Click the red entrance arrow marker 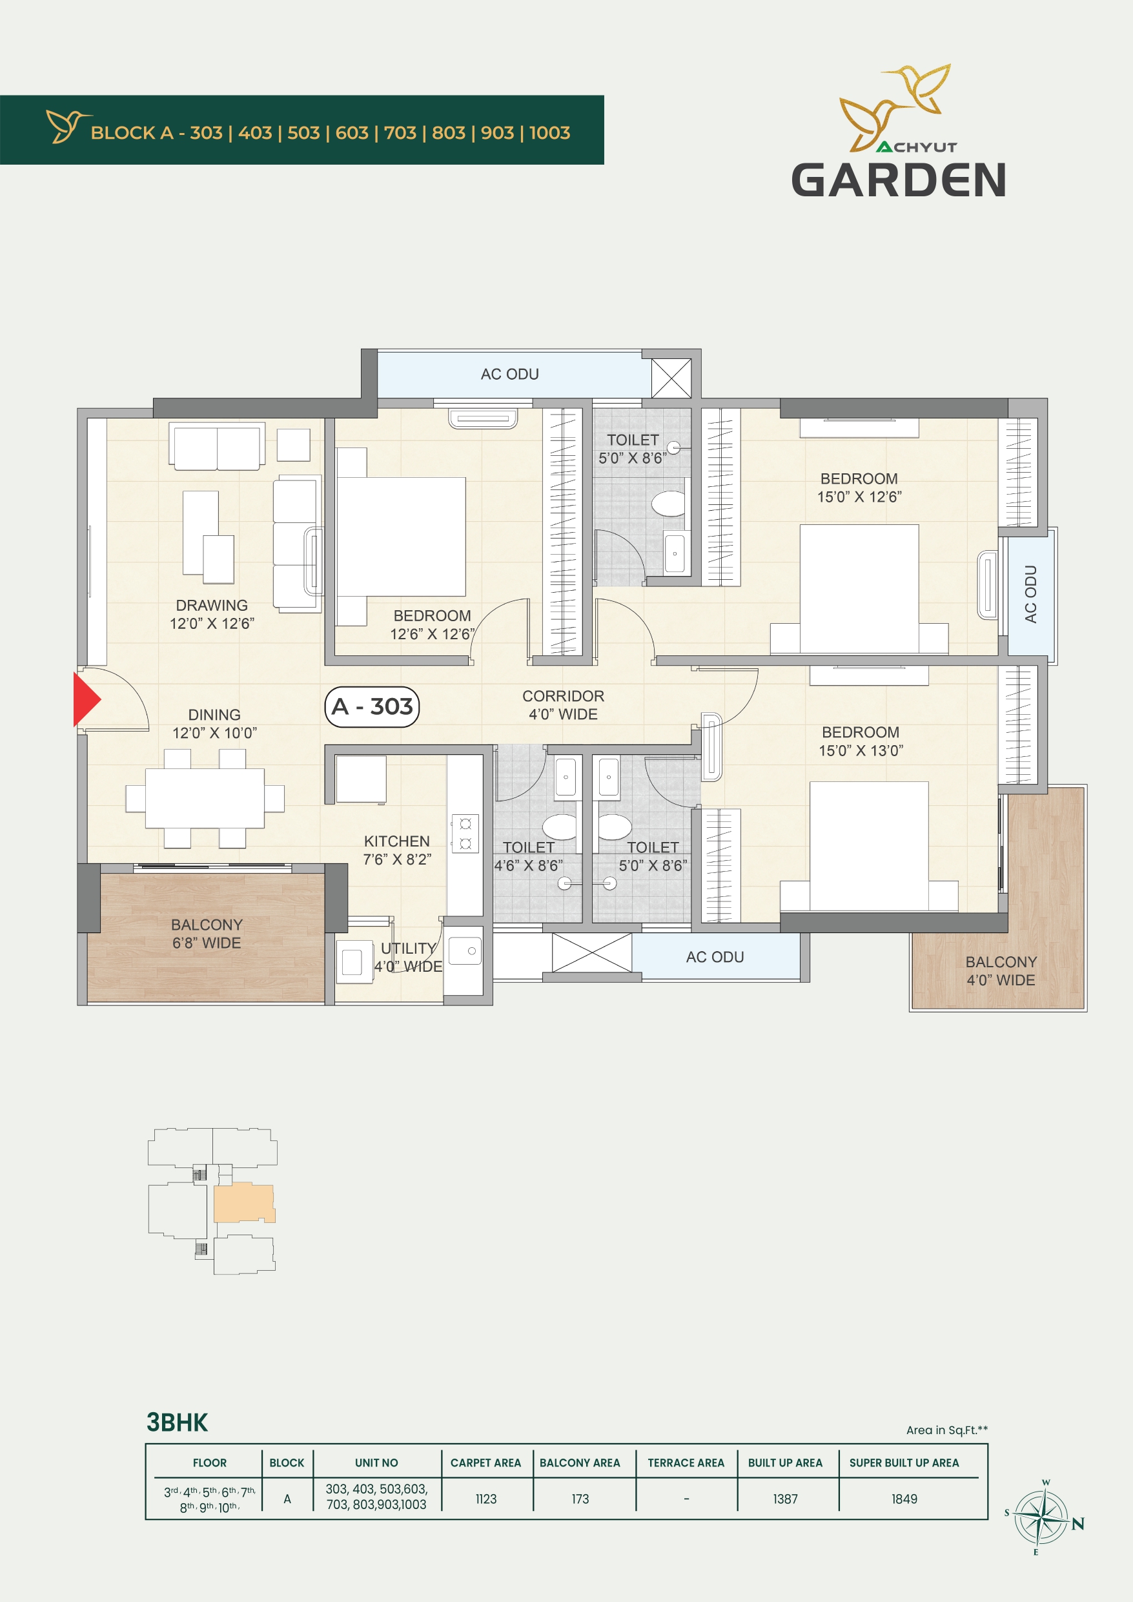click(x=87, y=699)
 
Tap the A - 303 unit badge click(x=372, y=707)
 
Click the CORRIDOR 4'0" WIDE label click(x=563, y=705)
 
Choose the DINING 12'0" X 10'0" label click(x=214, y=724)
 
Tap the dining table click(x=205, y=798)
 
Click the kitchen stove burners click(x=465, y=833)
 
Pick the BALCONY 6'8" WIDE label click(x=207, y=934)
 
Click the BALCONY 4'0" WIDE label click(x=1001, y=970)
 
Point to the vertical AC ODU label click(x=1030, y=595)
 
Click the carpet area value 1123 click(x=486, y=1499)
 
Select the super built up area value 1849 click(x=904, y=1499)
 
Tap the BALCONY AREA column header click(x=580, y=1463)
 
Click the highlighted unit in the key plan click(x=243, y=1202)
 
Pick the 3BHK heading click(x=177, y=1422)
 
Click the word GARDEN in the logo click(x=899, y=180)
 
